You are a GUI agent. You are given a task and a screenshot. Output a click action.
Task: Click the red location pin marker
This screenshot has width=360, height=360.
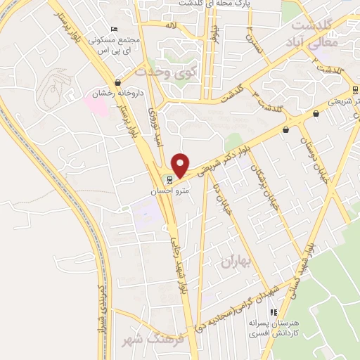(x=181, y=165)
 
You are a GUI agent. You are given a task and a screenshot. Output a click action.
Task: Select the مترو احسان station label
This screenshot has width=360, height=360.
(x=167, y=190)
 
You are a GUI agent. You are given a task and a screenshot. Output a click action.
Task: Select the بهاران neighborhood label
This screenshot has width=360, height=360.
(x=235, y=262)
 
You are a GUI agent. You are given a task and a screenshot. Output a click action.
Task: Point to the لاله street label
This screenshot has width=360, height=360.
(x=169, y=25)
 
